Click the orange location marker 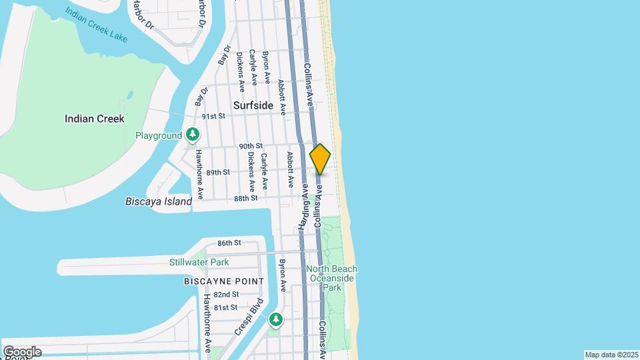[320, 159]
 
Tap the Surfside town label [253, 105]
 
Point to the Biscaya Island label [159, 201]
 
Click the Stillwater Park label [199, 262]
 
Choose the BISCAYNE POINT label [215, 281]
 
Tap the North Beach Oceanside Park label [331, 278]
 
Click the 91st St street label [214, 116]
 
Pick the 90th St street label [251, 146]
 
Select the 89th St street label [218, 172]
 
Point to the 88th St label [245, 199]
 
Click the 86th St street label [229, 243]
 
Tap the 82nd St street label [227, 295]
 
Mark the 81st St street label [225, 307]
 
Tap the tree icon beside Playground [193, 135]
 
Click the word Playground [159, 135]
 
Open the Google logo [22, 352]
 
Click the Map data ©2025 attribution [611, 355]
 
